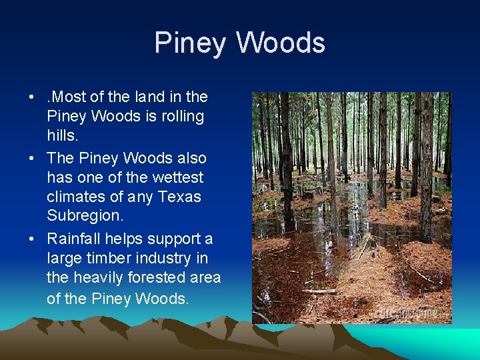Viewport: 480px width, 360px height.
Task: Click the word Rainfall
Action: point(73,239)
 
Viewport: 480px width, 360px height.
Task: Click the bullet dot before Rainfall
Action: point(33,239)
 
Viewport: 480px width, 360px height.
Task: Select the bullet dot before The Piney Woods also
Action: point(33,159)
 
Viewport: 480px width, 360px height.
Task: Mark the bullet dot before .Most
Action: point(33,97)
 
